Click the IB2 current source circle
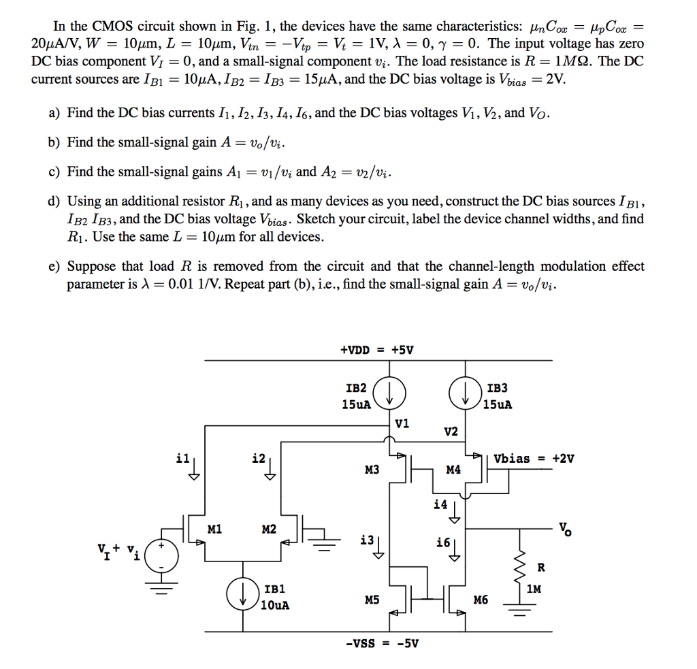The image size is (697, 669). (x=389, y=393)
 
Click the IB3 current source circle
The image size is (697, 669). (x=466, y=393)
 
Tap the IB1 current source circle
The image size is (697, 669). (x=243, y=594)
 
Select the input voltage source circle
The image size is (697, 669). (x=162, y=555)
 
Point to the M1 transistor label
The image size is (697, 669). (x=214, y=529)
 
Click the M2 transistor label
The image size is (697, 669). (x=269, y=529)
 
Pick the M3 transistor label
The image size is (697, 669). (x=372, y=470)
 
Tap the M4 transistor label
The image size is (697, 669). (x=453, y=470)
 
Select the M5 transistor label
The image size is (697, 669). (x=372, y=600)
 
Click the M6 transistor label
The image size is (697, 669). (x=481, y=600)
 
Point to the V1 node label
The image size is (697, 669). (x=402, y=423)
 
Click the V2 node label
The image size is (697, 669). (x=451, y=431)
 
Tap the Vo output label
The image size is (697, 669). (x=565, y=529)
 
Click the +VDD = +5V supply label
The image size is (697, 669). (x=377, y=350)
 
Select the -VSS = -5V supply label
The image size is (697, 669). (x=383, y=643)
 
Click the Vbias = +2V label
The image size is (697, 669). (x=534, y=458)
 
